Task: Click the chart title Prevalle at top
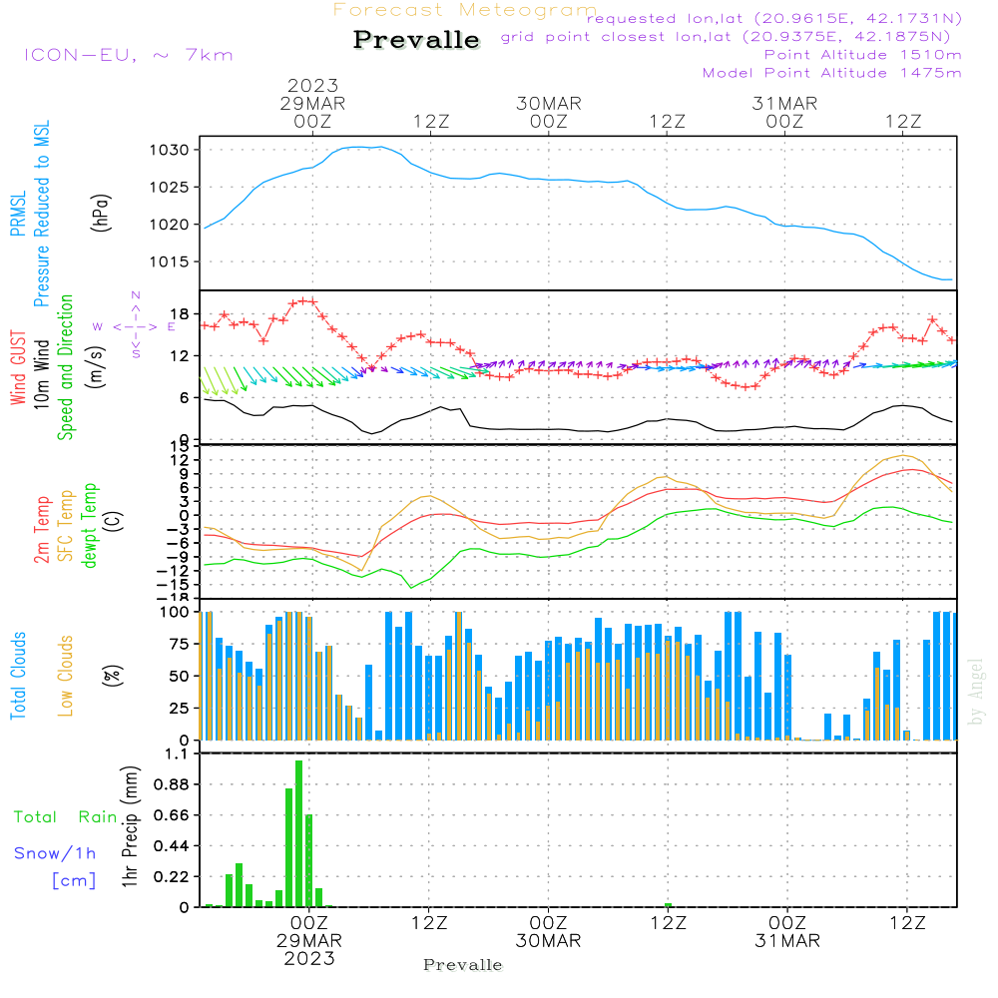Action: pyautogui.click(x=416, y=40)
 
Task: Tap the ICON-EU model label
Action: pyautogui.click(x=128, y=55)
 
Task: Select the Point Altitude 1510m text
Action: pyautogui.click(x=862, y=55)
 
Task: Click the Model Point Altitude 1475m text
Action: pyautogui.click(x=831, y=73)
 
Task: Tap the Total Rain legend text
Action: pyautogui.click(x=66, y=816)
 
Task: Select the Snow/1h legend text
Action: pyautogui.click(x=56, y=852)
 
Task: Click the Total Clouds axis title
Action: pyautogui.click(x=19, y=676)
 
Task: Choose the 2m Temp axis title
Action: pyautogui.click(x=42, y=527)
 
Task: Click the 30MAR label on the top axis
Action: pyautogui.click(x=548, y=104)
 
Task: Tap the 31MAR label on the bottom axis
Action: pyautogui.click(x=786, y=941)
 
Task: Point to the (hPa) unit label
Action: pyautogui.click(x=100, y=212)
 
